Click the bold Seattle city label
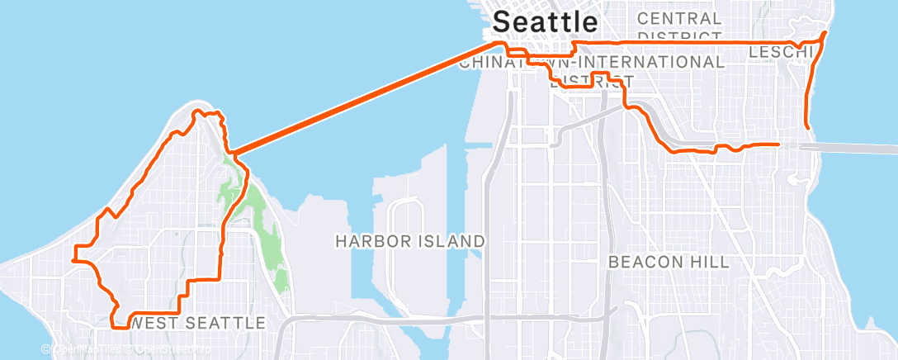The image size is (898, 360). (545, 21)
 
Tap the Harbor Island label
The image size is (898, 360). (409, 241)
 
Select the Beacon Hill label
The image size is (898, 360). (669, 262)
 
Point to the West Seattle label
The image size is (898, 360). (198, 323)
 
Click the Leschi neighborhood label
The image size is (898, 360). (779, 53)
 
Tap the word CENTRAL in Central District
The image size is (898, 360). (679, 18)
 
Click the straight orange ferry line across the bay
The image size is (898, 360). (363, 98)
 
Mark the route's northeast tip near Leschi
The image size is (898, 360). (825, 33)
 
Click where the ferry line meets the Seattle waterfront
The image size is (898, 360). (497, 43)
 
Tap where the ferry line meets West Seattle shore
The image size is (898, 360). (234, 153)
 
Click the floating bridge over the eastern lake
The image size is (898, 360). (858, 146)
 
